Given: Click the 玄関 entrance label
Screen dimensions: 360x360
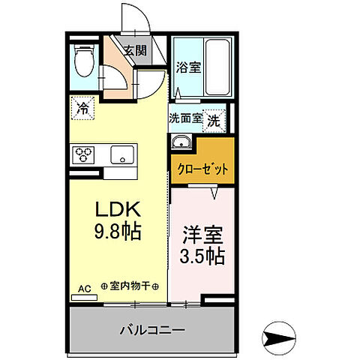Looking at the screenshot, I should coord(135,51).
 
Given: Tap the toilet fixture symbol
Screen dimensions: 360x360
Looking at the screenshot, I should coord(84,60).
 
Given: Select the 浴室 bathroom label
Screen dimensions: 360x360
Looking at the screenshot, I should coord(188,67).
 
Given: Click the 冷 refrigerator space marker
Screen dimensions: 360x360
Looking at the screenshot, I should coord(83,108).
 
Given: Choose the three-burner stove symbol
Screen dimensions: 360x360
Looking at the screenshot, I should coord(83,155).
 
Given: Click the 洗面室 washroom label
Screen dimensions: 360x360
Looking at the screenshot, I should coord(184,118).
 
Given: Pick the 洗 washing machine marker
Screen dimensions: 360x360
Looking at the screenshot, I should coord(214,118).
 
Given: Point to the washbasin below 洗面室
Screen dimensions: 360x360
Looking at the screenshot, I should coord(181,142).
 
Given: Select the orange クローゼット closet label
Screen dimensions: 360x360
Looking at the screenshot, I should coord(202,169).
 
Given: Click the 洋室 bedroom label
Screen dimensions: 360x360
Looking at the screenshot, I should coord(201,233).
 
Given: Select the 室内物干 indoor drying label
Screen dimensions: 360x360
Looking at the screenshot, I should coord(130,285).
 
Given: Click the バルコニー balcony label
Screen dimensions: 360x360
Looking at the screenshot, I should coord(151,328).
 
